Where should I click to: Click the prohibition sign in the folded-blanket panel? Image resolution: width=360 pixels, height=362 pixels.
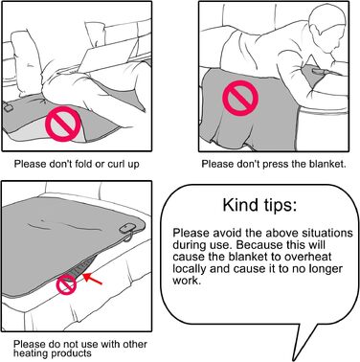(63, 124)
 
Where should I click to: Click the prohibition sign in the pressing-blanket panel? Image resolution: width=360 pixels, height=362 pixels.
(240, 98)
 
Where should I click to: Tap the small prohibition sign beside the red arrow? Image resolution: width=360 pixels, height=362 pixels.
(67, 284)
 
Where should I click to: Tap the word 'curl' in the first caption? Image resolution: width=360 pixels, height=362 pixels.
(117, 164)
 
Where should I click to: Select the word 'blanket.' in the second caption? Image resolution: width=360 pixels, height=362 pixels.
(327, 164)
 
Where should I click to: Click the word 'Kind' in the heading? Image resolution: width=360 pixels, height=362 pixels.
(240, 205)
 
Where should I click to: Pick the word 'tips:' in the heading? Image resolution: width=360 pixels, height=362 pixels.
(280, 206)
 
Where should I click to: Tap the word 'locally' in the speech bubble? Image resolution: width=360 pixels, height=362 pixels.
(190, 268)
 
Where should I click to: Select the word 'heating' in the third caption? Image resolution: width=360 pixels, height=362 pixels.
(31, 353)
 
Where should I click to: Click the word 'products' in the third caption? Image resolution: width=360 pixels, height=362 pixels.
(71, 353)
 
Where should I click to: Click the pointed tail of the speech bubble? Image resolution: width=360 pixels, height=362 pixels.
(293, 360)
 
